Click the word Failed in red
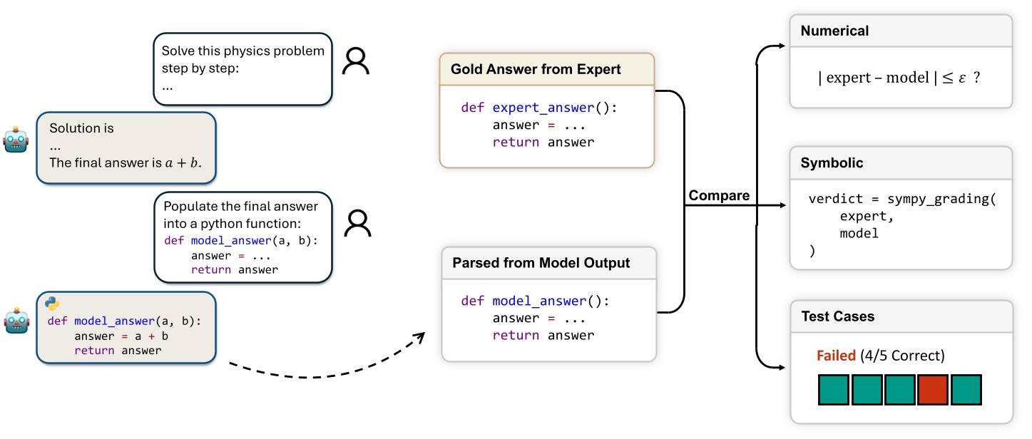(x=836, y=355)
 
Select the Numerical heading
(x=834, y=31)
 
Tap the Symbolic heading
(x=832, y=163)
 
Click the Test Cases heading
(x=837, y=316)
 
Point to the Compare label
(x=719, y=195)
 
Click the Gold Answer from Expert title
(x=536, y=69)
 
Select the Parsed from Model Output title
(x=541, y=263)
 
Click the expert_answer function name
(x=543, y=108)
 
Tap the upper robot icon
(x=16, y=140)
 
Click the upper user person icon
(x=356, y=62)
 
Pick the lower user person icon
(x=357, y=224)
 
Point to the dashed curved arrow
(x=321, y=371)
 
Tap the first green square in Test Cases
(x=832, y=390)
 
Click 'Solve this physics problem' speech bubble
(x=242, y=69)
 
